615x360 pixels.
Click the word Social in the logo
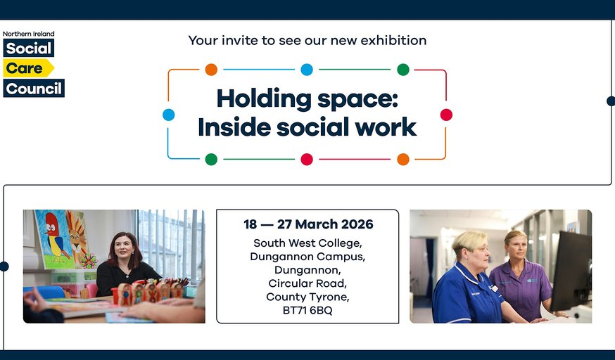click(29, 49)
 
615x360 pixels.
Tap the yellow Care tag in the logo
click(28, 68)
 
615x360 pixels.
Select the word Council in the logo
click(34, 89)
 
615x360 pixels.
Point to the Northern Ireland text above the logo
click(29, 34)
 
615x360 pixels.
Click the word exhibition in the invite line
click(393, 40)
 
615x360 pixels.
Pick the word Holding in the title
click(264, 100)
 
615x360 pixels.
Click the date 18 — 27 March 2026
click(308, 224)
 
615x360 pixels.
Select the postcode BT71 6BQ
click(307, 310)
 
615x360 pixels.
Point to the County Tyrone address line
click(307, 297)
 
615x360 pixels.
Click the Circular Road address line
click(307, 283)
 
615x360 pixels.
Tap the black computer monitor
click(571, 270)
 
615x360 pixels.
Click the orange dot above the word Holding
click(211, 70)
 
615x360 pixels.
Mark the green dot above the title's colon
click(403, 70)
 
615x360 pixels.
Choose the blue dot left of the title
click(169, 115)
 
